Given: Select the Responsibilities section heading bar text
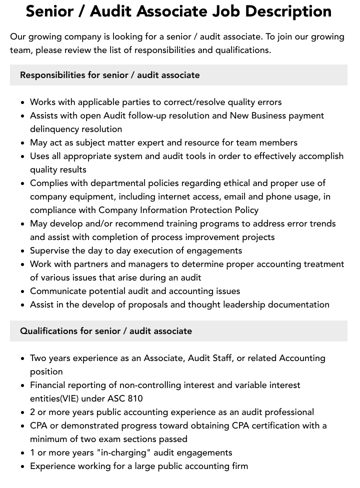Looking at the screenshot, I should tap(109, 75).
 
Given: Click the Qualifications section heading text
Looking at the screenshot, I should tap(106, 331).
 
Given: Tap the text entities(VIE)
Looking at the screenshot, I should tap(57, 398).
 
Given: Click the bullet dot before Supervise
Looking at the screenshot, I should tap(23, 251).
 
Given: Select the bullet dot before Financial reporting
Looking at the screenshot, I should tap(23, 385).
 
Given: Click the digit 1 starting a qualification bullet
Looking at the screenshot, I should tap(32, 452).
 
